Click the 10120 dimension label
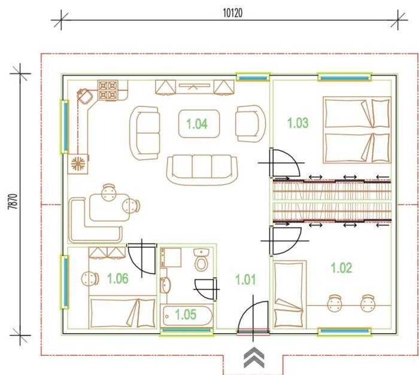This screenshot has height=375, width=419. point(233,13)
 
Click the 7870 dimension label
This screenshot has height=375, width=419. point(13,202)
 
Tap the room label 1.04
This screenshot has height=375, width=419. point(197,124)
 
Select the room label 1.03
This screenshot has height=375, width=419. point(297,123)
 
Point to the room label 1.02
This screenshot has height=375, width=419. point(341,268)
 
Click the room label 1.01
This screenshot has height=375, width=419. point(245,280)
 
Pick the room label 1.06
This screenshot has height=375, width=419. point(117,279)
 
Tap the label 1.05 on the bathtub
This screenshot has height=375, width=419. point(186,315)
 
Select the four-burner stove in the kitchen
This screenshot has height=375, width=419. point(108,90)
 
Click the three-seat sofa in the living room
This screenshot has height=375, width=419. point(202,170)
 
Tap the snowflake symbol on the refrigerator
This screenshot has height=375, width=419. point(78,163)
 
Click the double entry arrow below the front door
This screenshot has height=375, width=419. point(254,358)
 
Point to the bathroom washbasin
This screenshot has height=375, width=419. point(165,285)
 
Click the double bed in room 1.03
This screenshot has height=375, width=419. point(357,130)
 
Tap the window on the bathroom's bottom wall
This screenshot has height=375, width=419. point(187,331)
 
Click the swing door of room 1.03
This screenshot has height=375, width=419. point(284,163)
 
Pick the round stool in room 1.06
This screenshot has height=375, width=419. point(90,279)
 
